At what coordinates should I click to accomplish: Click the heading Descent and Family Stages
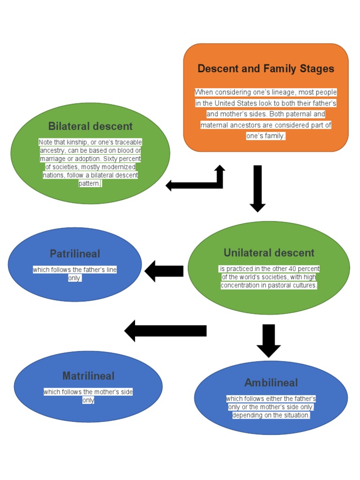(266, 69)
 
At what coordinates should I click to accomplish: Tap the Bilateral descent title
(90, 126)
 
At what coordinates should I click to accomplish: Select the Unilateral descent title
(269, 253)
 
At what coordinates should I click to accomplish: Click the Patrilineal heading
(75, 254)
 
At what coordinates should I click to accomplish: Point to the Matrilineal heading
(88, 376)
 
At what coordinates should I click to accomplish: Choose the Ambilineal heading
(271, 383)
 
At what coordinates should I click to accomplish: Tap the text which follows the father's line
(75, 270)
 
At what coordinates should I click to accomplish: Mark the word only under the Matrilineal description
(88, 400)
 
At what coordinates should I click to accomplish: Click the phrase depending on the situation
(271, 415)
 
